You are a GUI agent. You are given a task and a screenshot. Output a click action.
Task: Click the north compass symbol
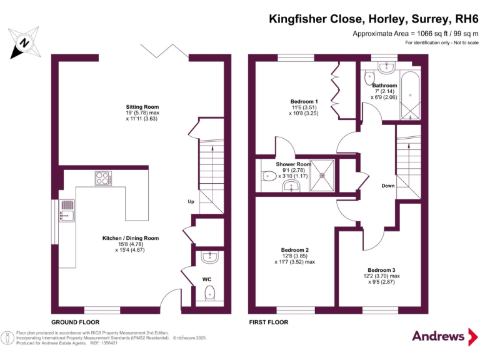pos(23,42)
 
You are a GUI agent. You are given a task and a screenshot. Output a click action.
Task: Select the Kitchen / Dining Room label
pos(131,238)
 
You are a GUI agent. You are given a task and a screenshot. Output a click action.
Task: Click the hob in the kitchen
pos(103,178)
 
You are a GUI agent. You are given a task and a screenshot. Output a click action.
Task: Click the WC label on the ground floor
pos(207,279)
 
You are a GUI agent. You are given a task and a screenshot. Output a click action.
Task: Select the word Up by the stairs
pos(191,201)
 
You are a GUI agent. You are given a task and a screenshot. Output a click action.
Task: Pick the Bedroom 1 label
pos(304,101)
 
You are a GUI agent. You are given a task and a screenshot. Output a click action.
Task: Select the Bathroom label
pos(384,86)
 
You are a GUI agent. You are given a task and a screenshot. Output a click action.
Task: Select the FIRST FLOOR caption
pos(268,322)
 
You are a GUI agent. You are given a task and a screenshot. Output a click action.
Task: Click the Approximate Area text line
pos(415,33)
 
